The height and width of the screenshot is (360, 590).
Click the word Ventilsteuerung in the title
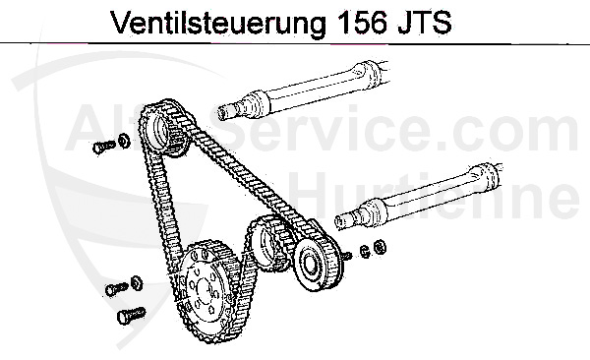point(207,22)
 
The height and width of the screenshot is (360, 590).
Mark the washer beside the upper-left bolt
point(124,140)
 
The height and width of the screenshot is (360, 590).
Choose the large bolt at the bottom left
point(128,316)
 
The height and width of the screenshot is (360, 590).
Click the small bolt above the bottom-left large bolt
point(115,290)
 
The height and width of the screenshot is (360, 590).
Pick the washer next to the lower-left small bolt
point(135,284)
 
